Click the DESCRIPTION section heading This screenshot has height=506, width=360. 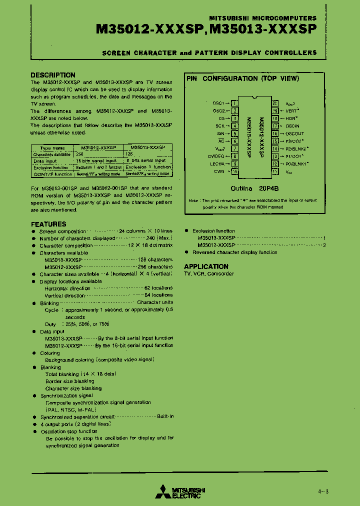pyautogui.click(x=53, y=75)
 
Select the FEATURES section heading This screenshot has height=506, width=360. pyautogui.click(x=48, y=224)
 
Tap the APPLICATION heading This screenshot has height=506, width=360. pyautogui.click(x=206, y=266)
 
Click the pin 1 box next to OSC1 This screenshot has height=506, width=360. pyautogui.click(x=234, y=103)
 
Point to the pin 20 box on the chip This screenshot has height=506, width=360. pyautogui.click(x=275, y=103)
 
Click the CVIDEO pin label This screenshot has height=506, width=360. pyautogui.click(x=217, y=156)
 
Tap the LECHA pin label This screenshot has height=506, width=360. pyautogui.click(x=217, y=163)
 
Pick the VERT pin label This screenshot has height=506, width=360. pyautogui.click(x=291, y=111)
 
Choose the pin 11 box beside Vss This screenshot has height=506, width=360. pyautogui.click(x=275, y=171)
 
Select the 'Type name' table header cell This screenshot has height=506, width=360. pyautogui.click(x=52, y=148)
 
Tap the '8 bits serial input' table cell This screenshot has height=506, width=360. pyautogui.click(x=148, y=161)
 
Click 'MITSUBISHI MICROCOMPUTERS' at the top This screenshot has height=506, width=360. pyautogui.click(x=273, y=17)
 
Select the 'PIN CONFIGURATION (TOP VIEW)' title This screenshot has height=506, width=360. pyautogui.click(x=242, y=78)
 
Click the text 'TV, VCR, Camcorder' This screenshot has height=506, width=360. pyautogui.click(x=208, y=274)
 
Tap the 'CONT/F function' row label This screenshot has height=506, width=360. pyautogui.click(x=52, y=174)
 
